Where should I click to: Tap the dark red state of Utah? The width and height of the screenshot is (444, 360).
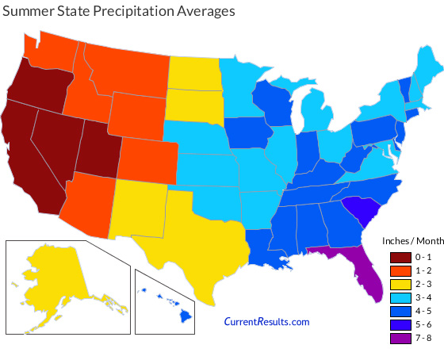[97, 151]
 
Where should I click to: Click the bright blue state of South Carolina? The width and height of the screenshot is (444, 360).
[366, 210]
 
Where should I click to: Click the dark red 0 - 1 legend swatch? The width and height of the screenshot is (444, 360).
[400, 256]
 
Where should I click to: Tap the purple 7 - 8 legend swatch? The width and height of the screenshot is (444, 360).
[400, 338]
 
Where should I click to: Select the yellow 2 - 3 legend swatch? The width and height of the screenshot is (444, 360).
[400, 283]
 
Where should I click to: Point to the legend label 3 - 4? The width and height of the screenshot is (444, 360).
[423, 297]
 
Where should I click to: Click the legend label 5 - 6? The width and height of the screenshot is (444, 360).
[423, 324]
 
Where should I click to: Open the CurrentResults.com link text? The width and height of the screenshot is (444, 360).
[266, 321]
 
